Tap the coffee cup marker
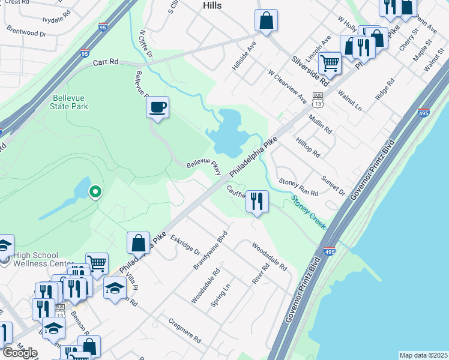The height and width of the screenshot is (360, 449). pos(157,108)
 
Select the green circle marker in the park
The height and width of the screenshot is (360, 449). pos(95,192)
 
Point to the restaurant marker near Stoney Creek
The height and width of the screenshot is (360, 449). pos(257,201)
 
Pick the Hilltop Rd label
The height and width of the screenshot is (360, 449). pos(307,146)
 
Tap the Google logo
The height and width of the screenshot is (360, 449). pos(20,353)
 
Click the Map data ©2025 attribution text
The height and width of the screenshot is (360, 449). pos(423,355)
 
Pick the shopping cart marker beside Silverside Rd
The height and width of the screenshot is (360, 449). pos(330,62)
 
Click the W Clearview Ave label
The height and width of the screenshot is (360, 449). pos(288,89)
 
